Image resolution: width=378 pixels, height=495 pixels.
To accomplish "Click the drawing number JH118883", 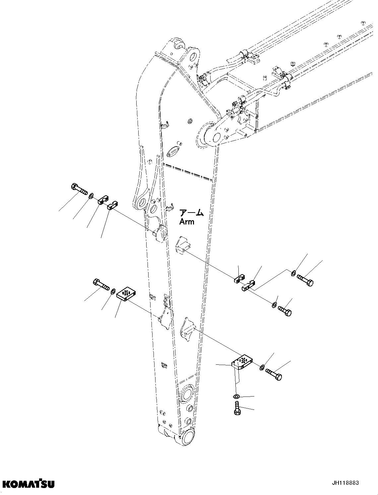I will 346,483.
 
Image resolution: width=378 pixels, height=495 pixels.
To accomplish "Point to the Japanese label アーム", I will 191,213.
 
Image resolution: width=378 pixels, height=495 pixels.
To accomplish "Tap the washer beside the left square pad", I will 112,291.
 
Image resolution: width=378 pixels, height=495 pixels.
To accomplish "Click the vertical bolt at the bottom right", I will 237,408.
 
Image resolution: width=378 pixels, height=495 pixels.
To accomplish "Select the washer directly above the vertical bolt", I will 236,397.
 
